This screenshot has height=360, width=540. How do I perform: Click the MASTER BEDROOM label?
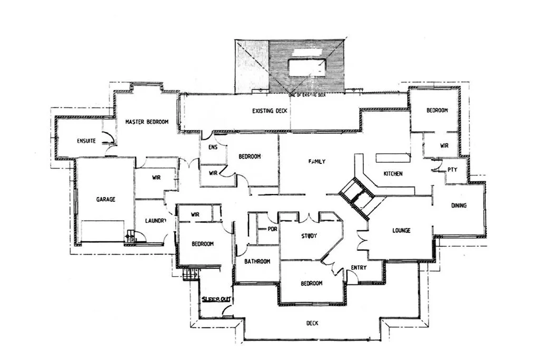(147, 122)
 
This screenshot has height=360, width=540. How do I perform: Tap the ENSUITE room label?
(86, 141)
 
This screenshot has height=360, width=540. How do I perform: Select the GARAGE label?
(105, 199)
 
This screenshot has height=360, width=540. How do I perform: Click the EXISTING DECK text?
(269, 111)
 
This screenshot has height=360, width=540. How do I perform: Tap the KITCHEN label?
(393, 173)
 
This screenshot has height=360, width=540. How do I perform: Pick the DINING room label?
(458, 205)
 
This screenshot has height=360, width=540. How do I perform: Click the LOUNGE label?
(401, 230)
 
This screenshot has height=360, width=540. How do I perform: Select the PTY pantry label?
(452, 170)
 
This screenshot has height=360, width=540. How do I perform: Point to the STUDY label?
(309, 236)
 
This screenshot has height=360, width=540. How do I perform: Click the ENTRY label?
(359, 268)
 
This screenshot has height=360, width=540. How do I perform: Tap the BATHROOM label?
(257, 261)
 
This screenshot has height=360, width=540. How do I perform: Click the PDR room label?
(272, 229)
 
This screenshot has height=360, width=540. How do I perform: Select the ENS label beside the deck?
(213, 148)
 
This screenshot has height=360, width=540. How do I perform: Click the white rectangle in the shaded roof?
(306, 66)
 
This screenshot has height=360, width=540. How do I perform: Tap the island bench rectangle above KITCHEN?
(392, 157)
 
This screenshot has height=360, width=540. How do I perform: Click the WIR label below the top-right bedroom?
(443, 145)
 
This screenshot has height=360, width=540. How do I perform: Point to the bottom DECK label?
(312, 323)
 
